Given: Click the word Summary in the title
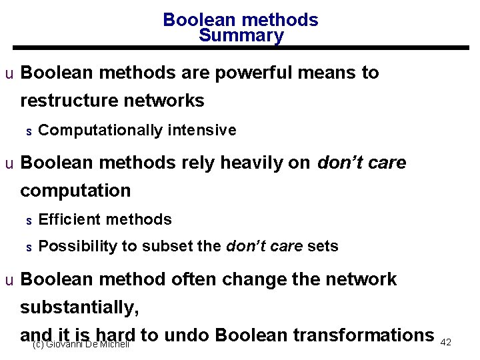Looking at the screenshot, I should point(241,36).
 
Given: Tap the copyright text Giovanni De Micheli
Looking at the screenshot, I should point(81,344).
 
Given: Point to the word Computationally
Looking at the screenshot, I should point(100,130).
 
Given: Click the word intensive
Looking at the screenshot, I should point(202,130).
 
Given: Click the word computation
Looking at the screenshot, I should point(75,191).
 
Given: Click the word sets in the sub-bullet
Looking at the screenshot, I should point(323,247).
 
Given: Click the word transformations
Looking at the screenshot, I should point(361,335).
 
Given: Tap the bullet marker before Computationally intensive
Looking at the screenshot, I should point(29,131).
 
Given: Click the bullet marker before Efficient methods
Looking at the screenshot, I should point(29,220).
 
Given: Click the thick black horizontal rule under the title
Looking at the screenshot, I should point(241,48).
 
